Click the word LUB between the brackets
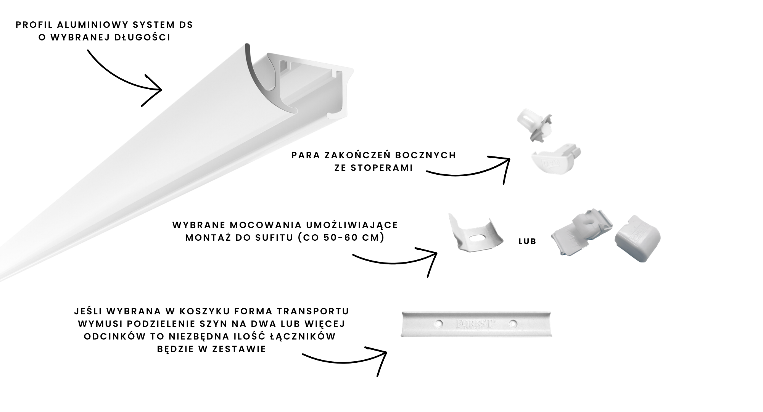coord(527,241)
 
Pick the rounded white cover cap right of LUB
coord(637,238)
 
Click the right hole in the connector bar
coord(513,324)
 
